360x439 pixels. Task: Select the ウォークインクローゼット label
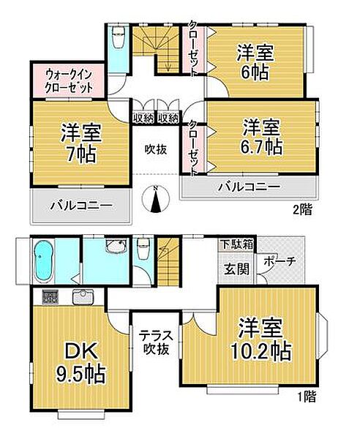(x=69, y=80)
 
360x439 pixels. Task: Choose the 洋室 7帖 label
(x=81, y=143)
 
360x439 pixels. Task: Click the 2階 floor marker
(x=302, y=210)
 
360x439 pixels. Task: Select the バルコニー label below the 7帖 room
(x=81, y=207)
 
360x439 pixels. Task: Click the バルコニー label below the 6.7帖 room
(x=248, y=187)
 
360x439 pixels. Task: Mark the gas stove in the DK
(x=50, y=297)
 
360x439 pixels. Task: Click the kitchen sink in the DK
(x=81, y=297)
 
